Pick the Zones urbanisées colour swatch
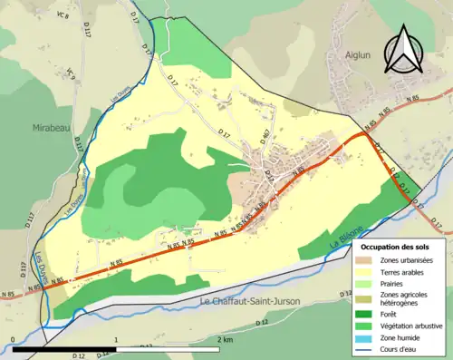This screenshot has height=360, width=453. click(364, 261)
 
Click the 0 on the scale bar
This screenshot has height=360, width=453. click(13, 339)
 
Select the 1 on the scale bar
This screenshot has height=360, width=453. click(116, 339)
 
